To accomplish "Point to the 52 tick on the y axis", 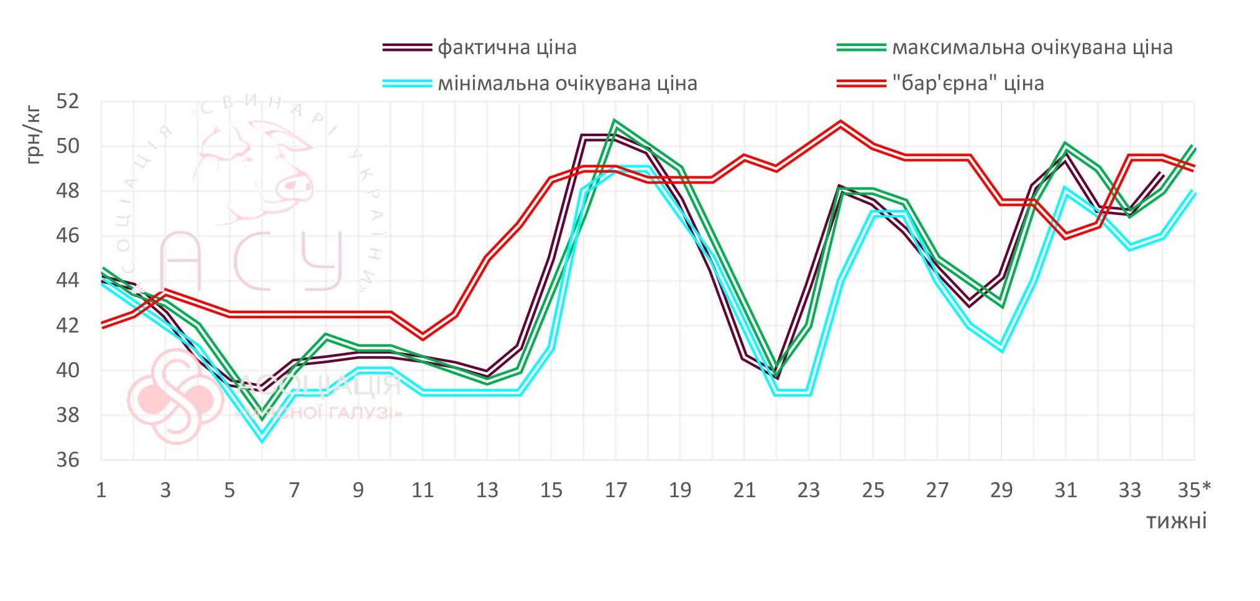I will [x=68, y=101].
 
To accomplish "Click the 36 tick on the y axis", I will [x=68, y=460].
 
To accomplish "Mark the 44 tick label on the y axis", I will [x=68, y=280].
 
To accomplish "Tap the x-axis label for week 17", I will [x=615, y=490].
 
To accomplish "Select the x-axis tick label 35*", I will [x=1194, y=490].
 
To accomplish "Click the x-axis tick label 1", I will [x=101, y=490].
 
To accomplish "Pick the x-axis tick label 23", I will [x=808, y=490].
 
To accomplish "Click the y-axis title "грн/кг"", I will [x=34, y=135].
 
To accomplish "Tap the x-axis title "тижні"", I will [x=1176, y=521].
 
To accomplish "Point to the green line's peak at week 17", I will [x=615, y=121].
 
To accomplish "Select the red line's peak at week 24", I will [x=840, y=124].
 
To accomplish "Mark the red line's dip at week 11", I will [x=423, y=337].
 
